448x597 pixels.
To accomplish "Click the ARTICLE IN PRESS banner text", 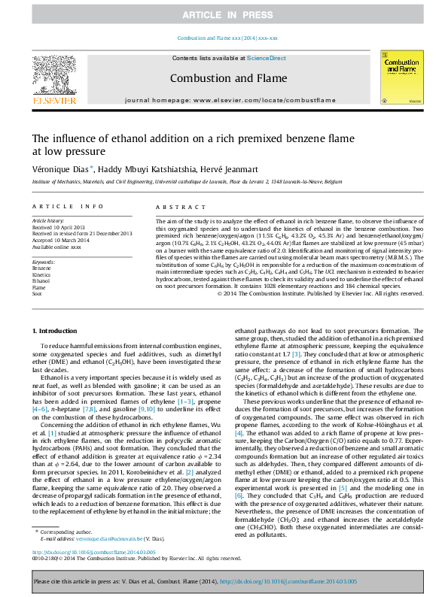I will [x=223, y=15].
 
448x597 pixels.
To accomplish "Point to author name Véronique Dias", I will [x=62, y=169].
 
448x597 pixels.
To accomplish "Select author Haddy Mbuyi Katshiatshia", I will [x=145, y=169].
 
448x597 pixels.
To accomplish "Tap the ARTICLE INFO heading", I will [x=68, y=206].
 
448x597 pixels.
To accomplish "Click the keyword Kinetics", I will [x=41, y=274].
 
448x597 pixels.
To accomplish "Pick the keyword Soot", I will [x=37, y=293].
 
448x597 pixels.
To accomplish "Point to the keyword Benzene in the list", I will [x=42, y=268].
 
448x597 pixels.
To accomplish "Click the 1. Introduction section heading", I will [x=56, y=331].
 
